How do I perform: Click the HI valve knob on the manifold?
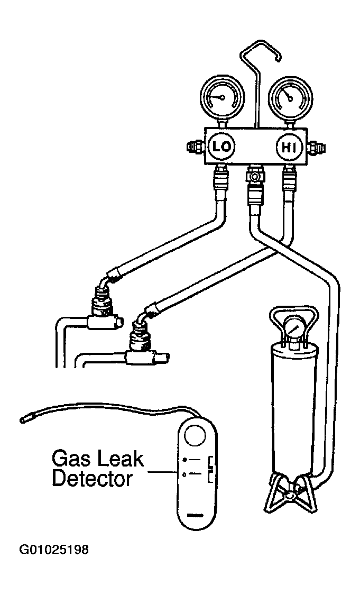tap(290, 147)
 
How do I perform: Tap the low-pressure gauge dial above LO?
tap(222, 97)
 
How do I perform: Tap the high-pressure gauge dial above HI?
tap(290, 98)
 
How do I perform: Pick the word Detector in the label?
tap(92, 479)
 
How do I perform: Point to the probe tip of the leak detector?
tap(23, 419)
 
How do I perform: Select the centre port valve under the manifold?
tap(255, 177)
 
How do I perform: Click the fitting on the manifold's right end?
tap(315, 147)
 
